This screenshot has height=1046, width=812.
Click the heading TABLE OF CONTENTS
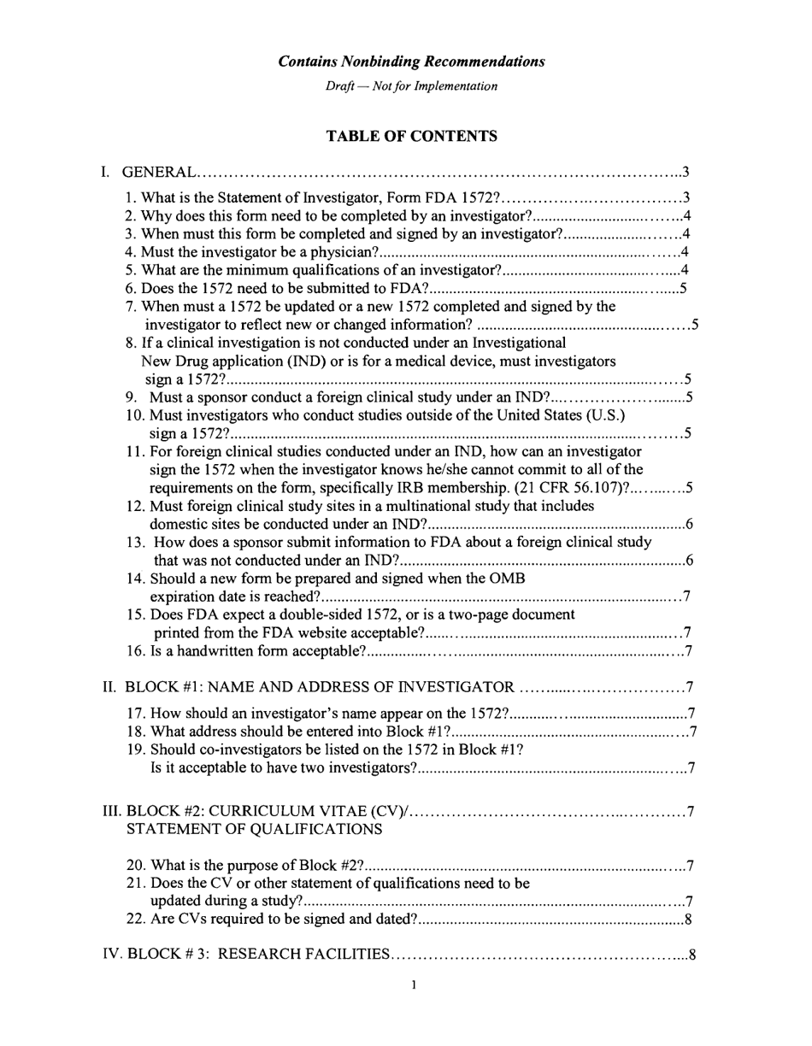411,136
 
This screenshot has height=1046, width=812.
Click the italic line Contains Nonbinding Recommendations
411,62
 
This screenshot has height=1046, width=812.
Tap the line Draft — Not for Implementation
411,86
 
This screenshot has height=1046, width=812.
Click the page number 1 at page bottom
414,985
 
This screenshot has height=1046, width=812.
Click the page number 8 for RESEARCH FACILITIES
692,955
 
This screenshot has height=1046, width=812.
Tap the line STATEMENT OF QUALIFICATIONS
255,829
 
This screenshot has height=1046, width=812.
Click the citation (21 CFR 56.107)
569,488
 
